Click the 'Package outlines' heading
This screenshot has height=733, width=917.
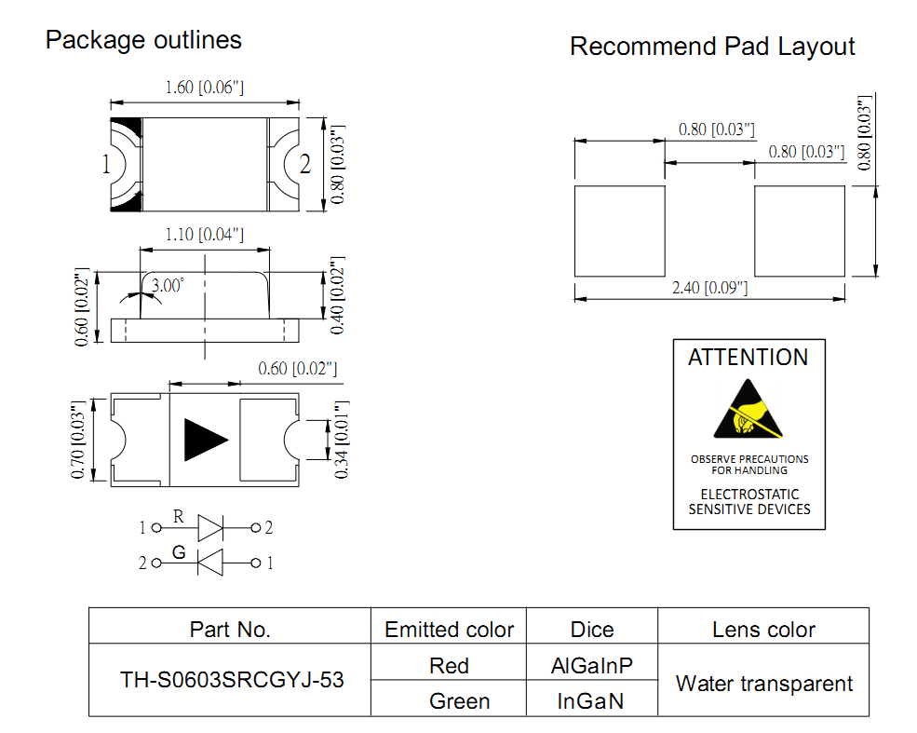coord(143,40)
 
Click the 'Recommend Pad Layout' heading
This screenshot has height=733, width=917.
coord(712,47)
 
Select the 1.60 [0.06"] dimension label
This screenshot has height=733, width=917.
coord(204,88)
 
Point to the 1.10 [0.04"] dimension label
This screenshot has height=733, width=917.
coord(205,235)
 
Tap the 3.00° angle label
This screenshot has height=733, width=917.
coord(168,285)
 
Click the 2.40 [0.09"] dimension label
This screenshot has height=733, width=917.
coord(709,288)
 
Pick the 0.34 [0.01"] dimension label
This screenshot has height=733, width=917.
coord(341,440)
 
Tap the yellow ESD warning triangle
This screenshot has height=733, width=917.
coord(748,411)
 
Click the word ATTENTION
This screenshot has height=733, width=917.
coord(748,358)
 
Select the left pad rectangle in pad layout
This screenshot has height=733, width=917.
coord(620,231)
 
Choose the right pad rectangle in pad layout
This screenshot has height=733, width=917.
coord(800,231)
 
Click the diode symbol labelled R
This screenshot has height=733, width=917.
coord(210,528)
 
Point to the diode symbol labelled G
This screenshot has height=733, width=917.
coord(210,563)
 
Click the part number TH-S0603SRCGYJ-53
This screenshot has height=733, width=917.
coord(232,680)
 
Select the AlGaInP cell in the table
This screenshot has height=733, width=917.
coord(592,666)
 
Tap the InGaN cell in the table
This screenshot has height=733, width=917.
coord(592,700)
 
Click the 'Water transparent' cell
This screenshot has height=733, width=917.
coord(763,684)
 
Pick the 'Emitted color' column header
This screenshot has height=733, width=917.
coord(449,630)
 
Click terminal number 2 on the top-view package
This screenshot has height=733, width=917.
coord(304,165)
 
